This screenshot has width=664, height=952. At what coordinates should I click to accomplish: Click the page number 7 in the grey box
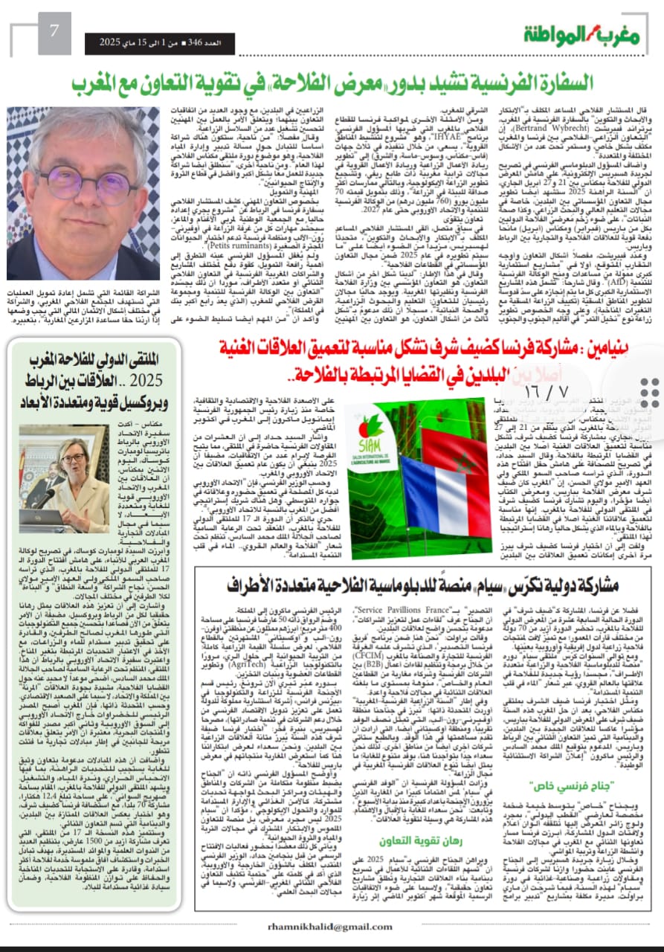(54, 32)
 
